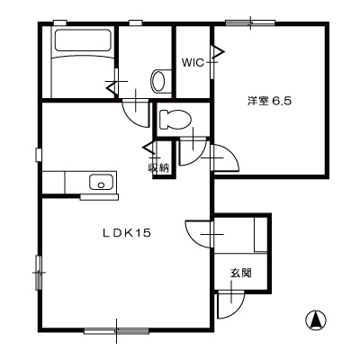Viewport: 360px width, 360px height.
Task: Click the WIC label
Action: (x=193, y=62)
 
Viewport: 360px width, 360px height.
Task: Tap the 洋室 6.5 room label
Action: (x=269, y=101)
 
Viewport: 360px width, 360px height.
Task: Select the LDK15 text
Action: (x=126, y=233)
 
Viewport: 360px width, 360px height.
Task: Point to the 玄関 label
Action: (x=241, y=273)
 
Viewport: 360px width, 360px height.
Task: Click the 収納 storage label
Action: (x=158, y=168)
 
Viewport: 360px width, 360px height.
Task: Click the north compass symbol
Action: (x=316, y=319)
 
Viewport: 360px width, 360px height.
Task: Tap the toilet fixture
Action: (x=175, y=120)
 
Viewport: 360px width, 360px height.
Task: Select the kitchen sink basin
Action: (x=101, y=182)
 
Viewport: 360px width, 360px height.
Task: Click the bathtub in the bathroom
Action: (x=83, y=40)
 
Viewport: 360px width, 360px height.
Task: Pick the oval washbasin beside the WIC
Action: (x=158, y=81)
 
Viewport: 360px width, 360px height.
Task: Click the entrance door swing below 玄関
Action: (x=231, y=303)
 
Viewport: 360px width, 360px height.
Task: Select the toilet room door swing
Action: (x=193, y=151)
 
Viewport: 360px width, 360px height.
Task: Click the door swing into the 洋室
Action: (x=225, y=157)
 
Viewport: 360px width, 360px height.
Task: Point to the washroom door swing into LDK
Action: (x=136, y=112)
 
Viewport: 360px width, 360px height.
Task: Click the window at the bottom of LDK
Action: (x=116, y=331)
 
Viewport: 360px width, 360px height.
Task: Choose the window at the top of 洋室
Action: (x=250, y=22)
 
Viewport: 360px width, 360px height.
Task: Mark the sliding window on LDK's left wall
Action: (x=39, y=273)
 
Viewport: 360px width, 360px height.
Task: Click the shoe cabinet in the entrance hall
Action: (x=261, y=234)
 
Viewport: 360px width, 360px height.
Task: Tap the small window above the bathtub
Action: (x=59, y=22)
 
